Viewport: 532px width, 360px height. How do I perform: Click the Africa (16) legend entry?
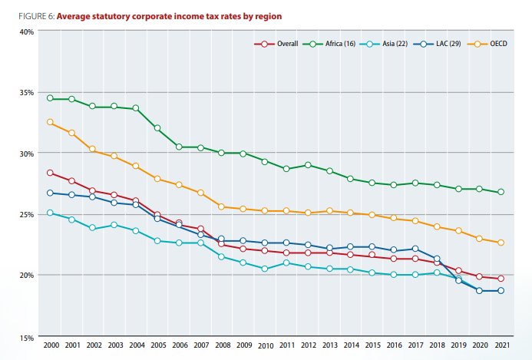[x=331, y=44]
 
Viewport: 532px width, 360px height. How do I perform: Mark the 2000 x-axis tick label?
[x=51, y=346]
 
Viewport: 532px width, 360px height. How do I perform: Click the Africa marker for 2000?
[x=51, y=98]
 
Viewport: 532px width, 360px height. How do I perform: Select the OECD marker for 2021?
[x=501, y=243]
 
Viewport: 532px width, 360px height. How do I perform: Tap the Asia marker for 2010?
[x=264, y=269]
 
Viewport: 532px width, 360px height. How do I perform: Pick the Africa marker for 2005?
[x=157, y=128]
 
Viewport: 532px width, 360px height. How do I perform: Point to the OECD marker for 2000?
[x=51, y=122]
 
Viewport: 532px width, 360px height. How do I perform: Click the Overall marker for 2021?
[x=501, y=279]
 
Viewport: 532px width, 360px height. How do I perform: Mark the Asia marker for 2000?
[x=51, y=213]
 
